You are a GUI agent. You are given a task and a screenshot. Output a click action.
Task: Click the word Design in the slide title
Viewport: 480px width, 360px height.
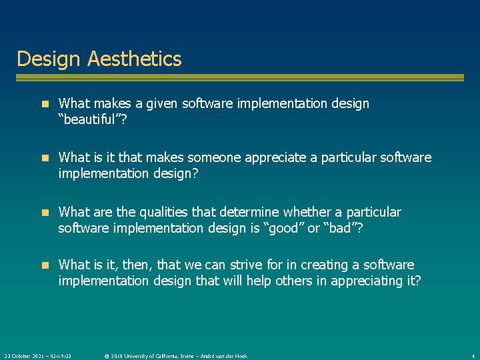pos(42,59)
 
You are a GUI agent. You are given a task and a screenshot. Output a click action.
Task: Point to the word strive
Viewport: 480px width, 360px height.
pos(269,265)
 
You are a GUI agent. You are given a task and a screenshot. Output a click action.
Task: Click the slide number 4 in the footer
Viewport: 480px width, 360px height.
pos(473,356)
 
